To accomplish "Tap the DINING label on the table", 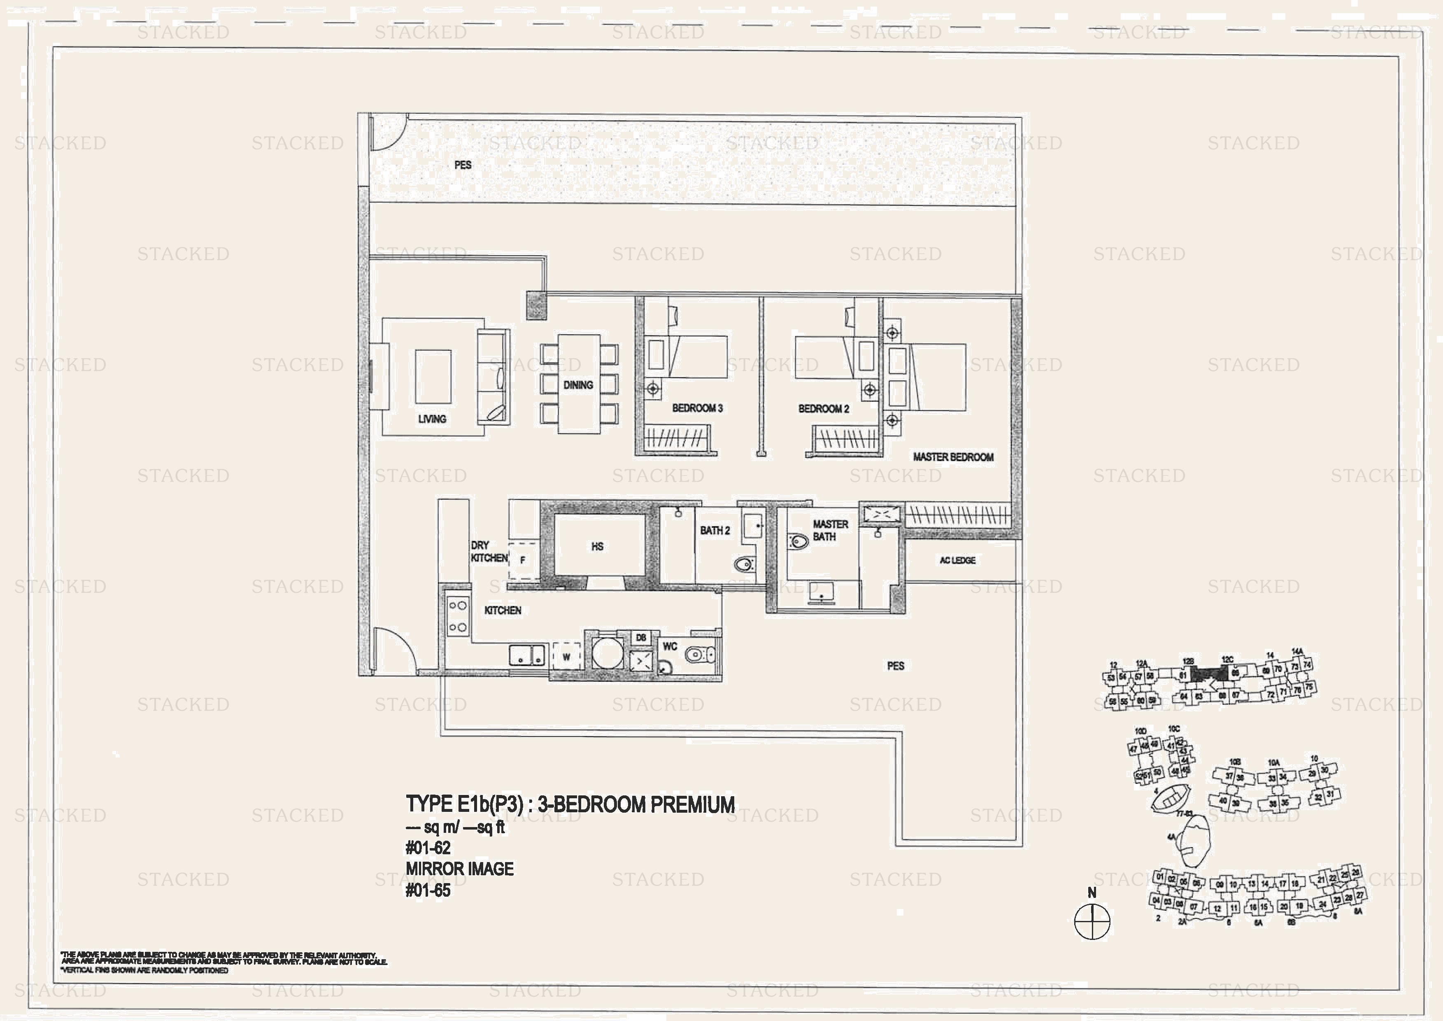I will point(577,385).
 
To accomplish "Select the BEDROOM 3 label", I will point(697,408).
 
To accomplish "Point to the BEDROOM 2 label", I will point(823,409).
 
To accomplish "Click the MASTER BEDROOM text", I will point(953,457).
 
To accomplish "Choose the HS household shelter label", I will point(597,546).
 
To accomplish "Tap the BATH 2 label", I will point(715,531).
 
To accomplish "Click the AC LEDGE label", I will point(957,560).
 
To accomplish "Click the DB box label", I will point(640,637).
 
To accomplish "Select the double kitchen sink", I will point(527,655).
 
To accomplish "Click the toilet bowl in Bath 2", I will point(744,564).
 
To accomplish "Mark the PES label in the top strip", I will point(463,165).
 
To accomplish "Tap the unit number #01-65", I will point(428,890).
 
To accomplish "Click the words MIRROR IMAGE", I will point(459,869).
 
